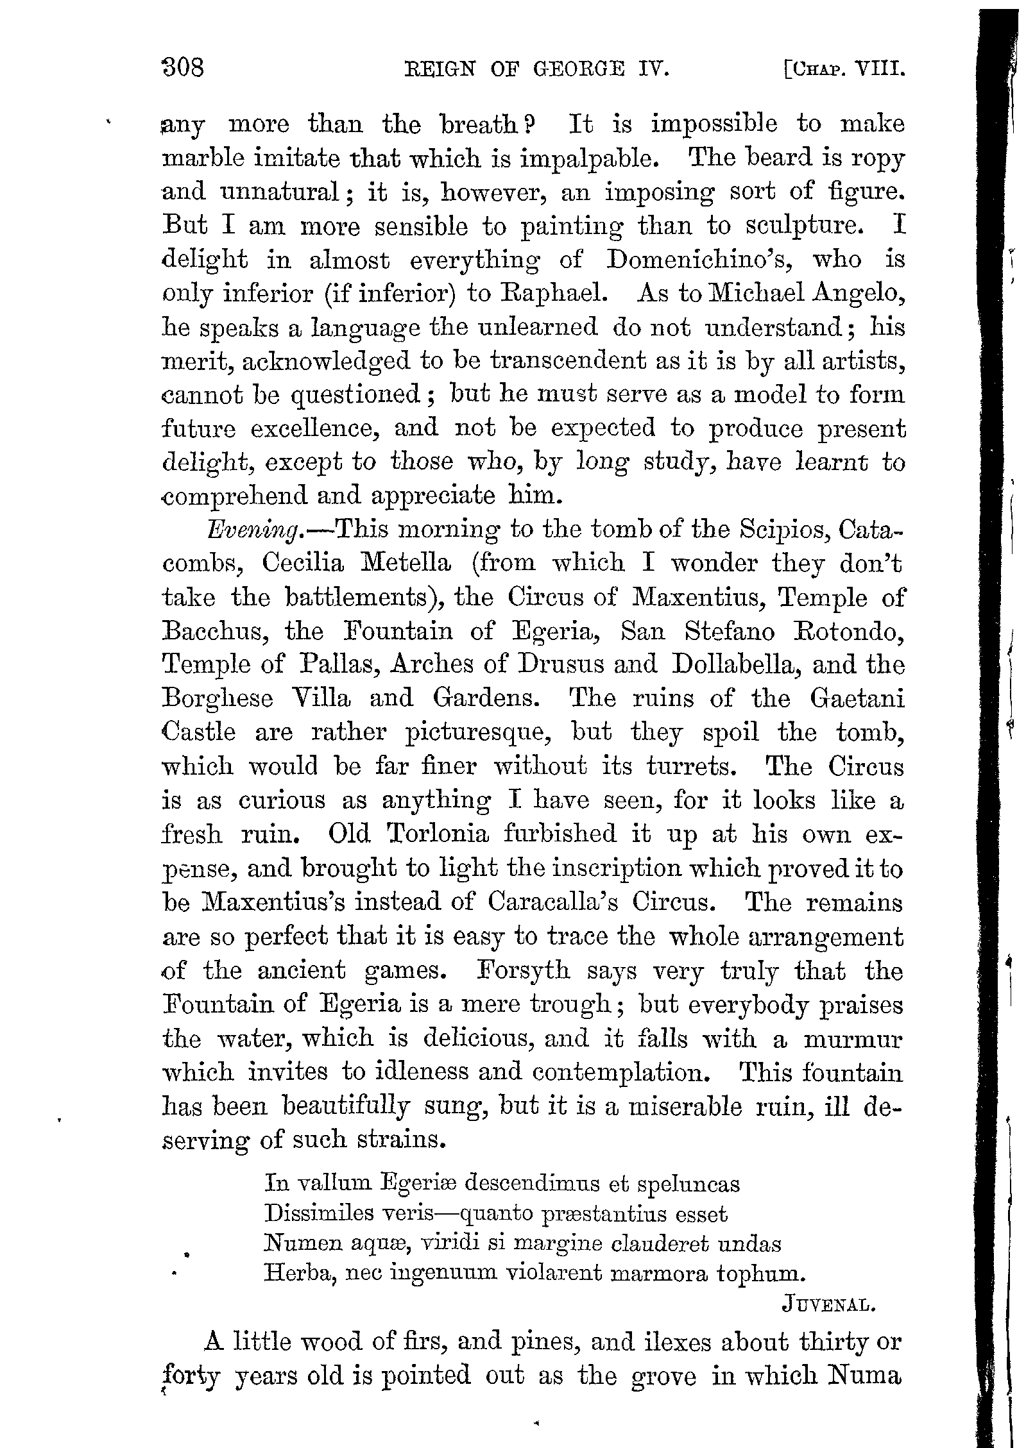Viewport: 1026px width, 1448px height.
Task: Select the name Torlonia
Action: tap(438, 834)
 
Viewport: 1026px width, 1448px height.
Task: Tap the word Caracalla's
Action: tap(553, 902)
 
